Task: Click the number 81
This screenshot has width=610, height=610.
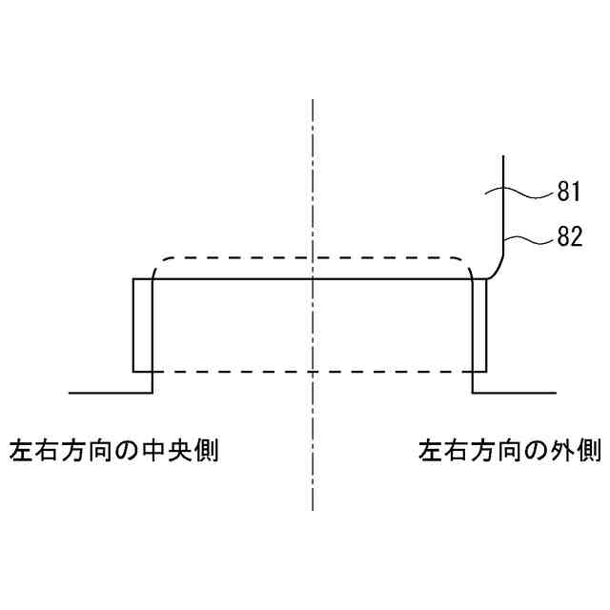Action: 569,193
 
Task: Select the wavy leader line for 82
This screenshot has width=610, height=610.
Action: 529,238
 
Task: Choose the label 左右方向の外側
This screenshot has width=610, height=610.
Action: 510,449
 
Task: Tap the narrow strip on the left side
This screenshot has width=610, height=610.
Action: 142,324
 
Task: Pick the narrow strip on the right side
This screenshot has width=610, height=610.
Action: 479,324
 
